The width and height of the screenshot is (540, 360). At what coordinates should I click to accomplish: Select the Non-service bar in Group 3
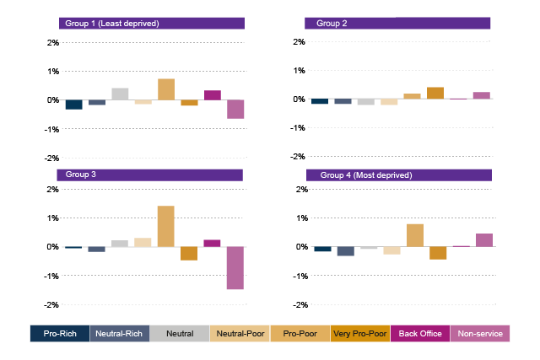click(x=235, y=268)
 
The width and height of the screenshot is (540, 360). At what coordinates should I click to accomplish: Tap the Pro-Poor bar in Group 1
click(x=166, y=89)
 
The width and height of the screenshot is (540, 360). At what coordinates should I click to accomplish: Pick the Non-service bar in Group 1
click(x=235, y=109)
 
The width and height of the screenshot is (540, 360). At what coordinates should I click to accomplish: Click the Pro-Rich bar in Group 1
click(x=74, y=105)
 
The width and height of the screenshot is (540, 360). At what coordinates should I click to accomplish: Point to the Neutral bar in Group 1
click(x=120, y=94)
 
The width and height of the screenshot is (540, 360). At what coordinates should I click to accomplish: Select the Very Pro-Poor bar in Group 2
click(x=435, y=93)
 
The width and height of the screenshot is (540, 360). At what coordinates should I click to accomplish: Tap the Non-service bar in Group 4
click(x=483, y=240)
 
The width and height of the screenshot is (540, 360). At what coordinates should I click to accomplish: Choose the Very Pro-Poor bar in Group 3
click(x=189, y=254)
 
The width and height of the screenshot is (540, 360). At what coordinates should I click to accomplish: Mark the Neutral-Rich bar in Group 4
click(x=345, y=251)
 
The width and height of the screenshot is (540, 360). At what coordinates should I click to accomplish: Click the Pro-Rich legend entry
click(x=60, y=334)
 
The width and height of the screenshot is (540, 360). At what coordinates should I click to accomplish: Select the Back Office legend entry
click(x=420, y=334)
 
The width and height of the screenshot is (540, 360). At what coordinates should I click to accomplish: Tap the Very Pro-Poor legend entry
click(x=360, y=334)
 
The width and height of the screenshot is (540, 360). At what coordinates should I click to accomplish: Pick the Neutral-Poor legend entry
click(x=240, y=334)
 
